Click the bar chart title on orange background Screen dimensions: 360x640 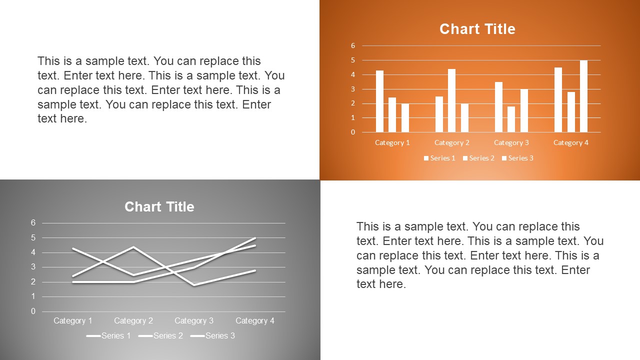click(x=477, y=29)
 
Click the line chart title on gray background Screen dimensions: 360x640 click(x=159, y=207)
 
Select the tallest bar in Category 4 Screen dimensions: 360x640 click(x=583, y=96)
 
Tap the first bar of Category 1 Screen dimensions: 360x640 click(x=379, y=101)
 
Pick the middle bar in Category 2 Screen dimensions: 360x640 click(x=451, y=100)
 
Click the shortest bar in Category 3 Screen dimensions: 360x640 click(x=511, y=119)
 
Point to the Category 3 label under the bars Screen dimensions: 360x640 click(x=511, y=142)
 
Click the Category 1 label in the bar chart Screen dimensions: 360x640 click(x=392, y=142)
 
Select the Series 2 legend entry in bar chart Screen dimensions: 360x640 click(x=478, y=158)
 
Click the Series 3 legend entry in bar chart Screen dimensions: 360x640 click(x=517, y=158)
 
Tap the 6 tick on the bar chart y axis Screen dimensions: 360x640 click(x=353, y=45)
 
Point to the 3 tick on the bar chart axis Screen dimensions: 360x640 click(x=353, y=89)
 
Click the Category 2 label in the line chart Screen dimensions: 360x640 click(x=133, y=320)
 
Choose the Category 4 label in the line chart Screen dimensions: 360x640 click(x=255, y=320)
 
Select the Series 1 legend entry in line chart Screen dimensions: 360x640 click(x=109, y=335)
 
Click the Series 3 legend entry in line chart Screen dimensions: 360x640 click(x=213, y=335)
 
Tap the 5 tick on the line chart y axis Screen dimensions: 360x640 click(x=33, y=237)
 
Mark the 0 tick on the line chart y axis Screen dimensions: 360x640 click(x=33, y=311)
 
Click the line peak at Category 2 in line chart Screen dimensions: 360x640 click(x=133, y=247)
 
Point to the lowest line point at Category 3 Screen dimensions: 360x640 click(x=194, y=285)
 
